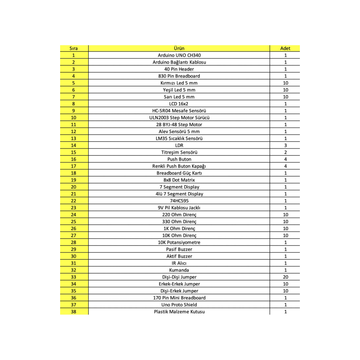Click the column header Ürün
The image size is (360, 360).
179,48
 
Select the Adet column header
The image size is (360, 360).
285,48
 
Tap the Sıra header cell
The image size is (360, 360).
73,48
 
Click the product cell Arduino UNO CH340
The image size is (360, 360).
179,55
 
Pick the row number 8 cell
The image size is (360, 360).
73,104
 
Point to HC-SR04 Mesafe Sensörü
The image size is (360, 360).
179,111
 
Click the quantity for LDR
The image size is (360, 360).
285,145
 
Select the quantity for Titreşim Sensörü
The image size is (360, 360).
285,152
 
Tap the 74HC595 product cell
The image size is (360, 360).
179,201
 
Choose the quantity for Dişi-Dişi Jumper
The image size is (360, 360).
285,277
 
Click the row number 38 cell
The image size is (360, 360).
73,312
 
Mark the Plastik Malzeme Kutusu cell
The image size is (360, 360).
179,312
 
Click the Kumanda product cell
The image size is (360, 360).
179,270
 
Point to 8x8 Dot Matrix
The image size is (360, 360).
179,180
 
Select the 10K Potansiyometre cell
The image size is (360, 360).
179,242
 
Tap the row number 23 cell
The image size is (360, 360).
73,208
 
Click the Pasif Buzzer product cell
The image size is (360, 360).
179,249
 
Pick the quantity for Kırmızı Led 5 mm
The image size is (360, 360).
285,83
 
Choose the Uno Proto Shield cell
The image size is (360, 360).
179,305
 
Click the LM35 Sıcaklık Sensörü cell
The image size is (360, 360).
179,138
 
